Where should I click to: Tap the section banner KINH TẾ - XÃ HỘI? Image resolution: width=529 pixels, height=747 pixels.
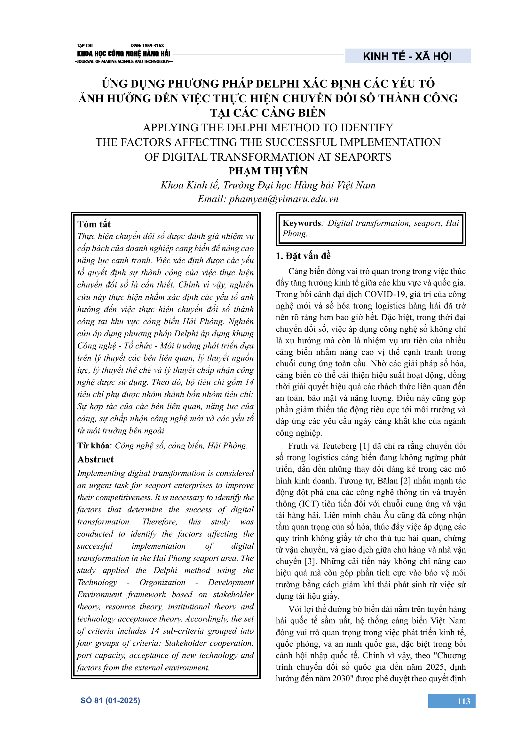pos(407,56)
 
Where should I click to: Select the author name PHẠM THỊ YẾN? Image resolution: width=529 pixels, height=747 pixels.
pos(268,171)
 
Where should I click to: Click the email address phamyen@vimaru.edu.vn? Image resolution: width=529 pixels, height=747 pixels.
pos(283,199)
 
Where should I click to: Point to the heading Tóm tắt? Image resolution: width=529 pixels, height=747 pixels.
pos(94,224)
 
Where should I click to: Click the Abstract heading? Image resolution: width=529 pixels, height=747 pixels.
pos(95,459)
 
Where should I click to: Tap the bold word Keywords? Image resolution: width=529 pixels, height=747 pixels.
pos(302,223)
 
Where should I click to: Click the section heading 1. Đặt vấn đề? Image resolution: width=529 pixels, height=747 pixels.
pos(303,256)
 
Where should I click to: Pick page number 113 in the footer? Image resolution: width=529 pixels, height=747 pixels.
pos(463,701)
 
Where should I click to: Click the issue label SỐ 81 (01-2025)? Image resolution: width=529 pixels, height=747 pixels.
pos(110,700)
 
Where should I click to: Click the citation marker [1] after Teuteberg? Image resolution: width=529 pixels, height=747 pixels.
pos(365,446)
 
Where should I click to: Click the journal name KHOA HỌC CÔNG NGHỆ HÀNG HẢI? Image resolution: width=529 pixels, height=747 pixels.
pos(123,54)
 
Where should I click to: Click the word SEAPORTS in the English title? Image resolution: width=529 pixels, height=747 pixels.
pos(363,157)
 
